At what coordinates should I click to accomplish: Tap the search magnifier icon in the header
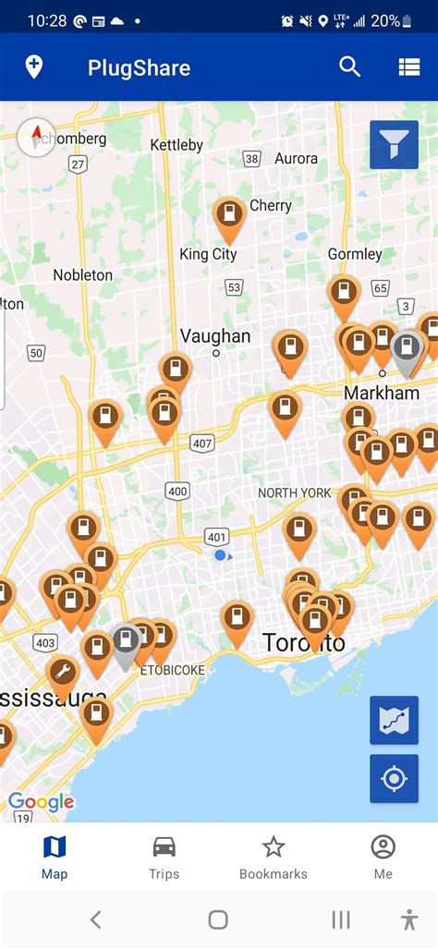point(349,67)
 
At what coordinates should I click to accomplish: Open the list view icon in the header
point(409,67)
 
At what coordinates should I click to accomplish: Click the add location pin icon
point(34,67)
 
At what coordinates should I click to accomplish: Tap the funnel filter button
point(394,145)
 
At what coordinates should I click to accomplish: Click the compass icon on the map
point(36,139)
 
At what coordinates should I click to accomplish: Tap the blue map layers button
point(394,720)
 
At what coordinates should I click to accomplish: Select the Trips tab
point(164,857)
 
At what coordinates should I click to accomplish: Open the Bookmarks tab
point(273,857)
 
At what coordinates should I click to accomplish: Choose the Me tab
point(383,857)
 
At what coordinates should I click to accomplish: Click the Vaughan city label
point(215,335)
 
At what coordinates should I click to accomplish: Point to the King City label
point(208,254)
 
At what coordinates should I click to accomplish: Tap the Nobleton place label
point(82,274)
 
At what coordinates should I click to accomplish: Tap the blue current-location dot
point(220,555)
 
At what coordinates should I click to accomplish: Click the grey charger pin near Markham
point(405,348)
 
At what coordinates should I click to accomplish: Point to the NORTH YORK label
point(293,493)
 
